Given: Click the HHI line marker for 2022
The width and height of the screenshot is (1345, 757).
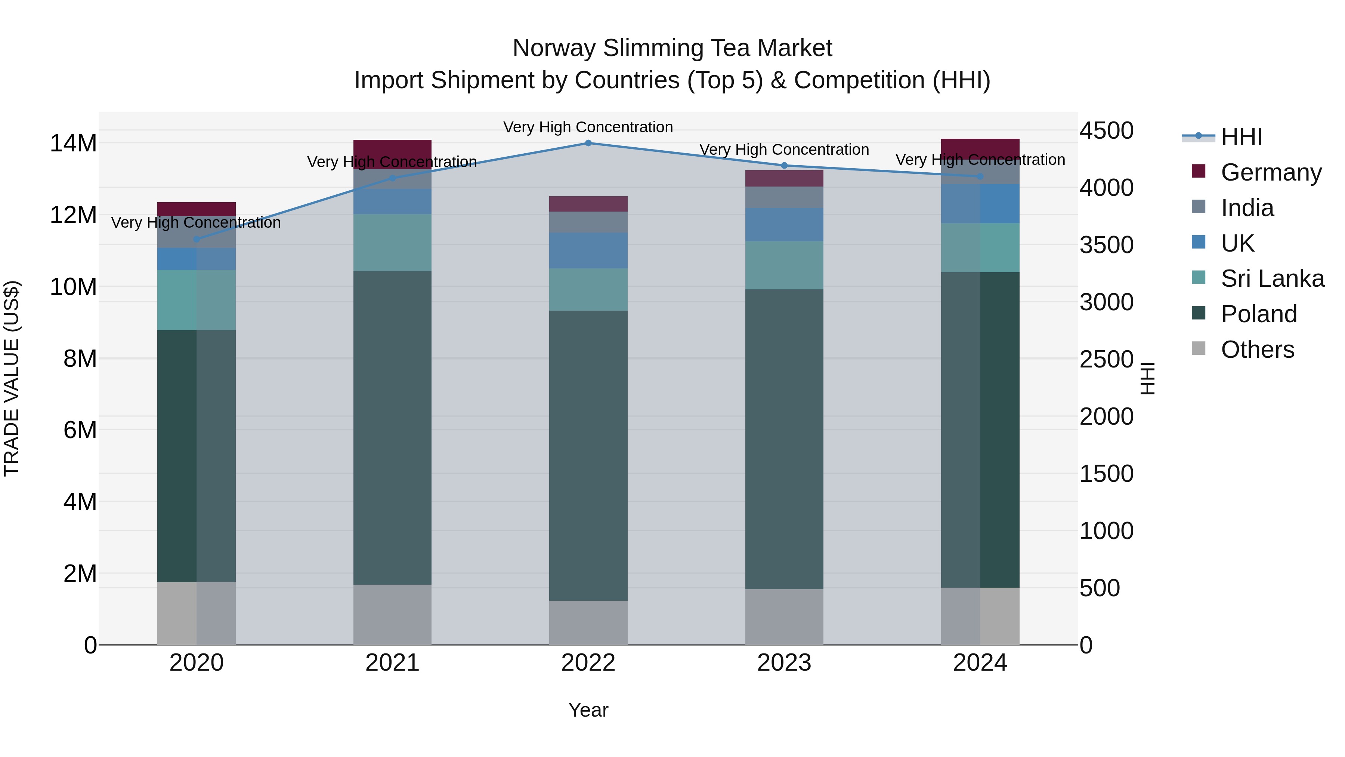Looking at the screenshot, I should [x=588, y=143].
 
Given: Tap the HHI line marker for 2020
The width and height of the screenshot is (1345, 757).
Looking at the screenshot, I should [x=196, y=239].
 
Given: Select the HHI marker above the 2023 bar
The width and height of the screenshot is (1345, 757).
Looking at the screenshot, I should [x=784, y=166].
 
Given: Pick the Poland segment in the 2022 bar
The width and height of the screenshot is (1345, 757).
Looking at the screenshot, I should [x=588, y=455].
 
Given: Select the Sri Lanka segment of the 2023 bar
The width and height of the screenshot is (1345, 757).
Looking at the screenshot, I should [x=784, y=265].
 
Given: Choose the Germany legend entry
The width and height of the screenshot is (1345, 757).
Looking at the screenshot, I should [x=1271, y=172].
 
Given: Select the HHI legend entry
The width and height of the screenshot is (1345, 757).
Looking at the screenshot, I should [x=1241, y=137].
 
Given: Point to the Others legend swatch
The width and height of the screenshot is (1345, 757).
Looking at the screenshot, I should [x=1199, y=348].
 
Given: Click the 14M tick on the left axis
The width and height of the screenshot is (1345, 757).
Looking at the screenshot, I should [x=73, y=143].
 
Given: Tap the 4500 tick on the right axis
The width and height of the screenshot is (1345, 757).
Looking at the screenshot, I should [x=1106, y=130].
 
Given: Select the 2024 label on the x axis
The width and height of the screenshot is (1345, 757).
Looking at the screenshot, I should [x=980, y=662].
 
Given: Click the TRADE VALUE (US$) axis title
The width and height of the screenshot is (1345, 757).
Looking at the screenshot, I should [x=12, y=378].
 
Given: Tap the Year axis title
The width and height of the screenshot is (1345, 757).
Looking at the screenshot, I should [x=588, y=710].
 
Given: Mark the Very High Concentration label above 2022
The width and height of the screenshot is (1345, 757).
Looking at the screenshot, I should [x=588, y=127].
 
